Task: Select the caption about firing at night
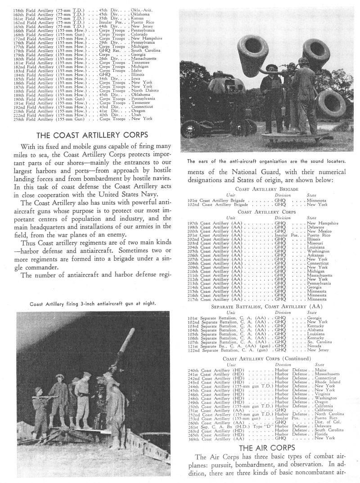pyautogui.click(x=93, y=304)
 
